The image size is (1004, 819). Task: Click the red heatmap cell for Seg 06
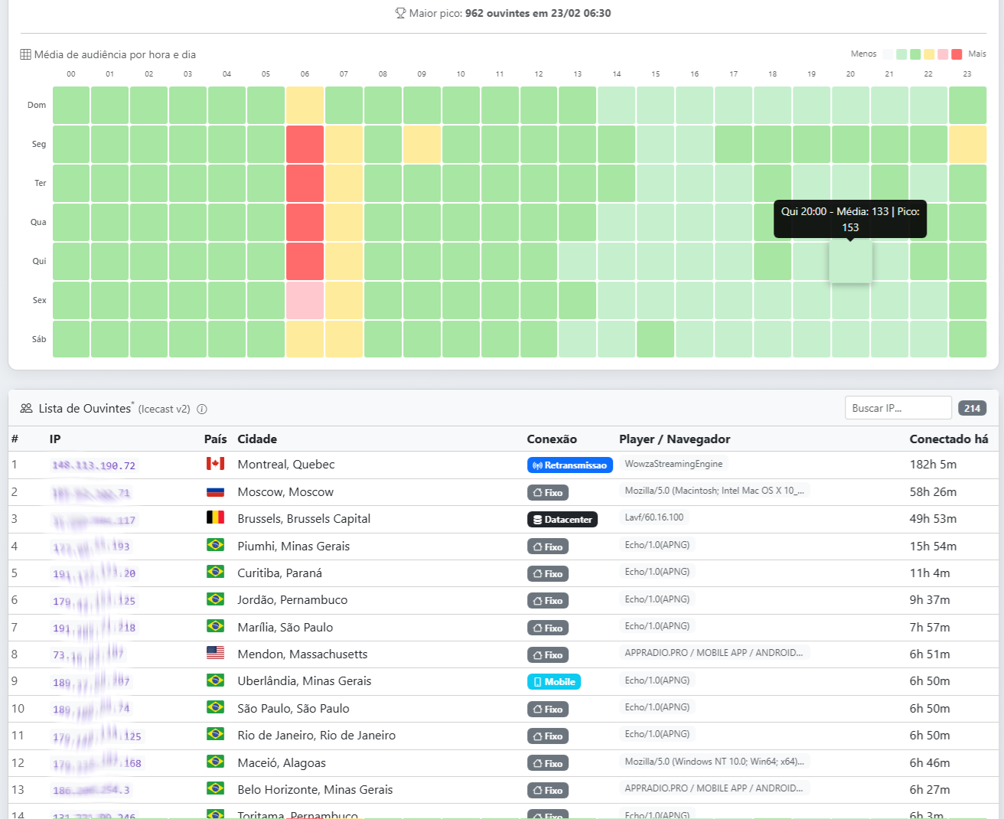pos(305,144)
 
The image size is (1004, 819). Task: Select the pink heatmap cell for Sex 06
pos(305,300)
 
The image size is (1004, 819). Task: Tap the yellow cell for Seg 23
pos(967,144)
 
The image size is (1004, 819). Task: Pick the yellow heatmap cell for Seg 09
pos(422,144)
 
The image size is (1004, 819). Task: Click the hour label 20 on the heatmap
pos(850,74)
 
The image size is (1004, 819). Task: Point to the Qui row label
pos(39,261)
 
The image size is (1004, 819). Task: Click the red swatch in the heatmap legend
pos(957,54)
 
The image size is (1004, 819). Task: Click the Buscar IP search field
pos(898,408)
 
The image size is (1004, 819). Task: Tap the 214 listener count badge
pos(972,408)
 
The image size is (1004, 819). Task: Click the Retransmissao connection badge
pos(569,465)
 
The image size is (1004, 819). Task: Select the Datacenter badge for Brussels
pos(562,520)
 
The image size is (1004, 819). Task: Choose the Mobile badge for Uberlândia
pos(554,682)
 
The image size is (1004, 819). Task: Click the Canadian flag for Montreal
pos(215,464)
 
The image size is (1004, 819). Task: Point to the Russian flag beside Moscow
pos(215,491)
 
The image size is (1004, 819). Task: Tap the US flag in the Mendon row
pos(215,654)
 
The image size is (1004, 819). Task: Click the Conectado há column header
pos(948,439)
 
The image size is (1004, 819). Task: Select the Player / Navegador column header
pos(674,439)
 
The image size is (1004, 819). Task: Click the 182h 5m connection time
pos(933,465)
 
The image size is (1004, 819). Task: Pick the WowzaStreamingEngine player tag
pos(673,464)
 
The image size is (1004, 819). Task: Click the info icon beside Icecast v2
pos(202,409)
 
